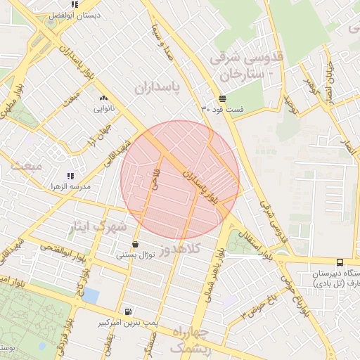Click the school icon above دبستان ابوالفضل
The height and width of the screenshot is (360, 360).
[x=75, y=4]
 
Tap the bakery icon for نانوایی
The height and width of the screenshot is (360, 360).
[x=103, y=98]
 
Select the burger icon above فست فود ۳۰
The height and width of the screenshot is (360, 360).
[x=222, y=98]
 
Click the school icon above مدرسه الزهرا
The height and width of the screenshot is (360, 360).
[x=70, y=175]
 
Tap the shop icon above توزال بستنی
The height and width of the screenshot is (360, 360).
[x=134, y=244]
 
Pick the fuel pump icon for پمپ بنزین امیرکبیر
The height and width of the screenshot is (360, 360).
[x=127, y=311]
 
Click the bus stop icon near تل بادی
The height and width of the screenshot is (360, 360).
[x=340, y=262]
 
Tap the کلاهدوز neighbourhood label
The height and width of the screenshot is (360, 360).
[x=180, y=249]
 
